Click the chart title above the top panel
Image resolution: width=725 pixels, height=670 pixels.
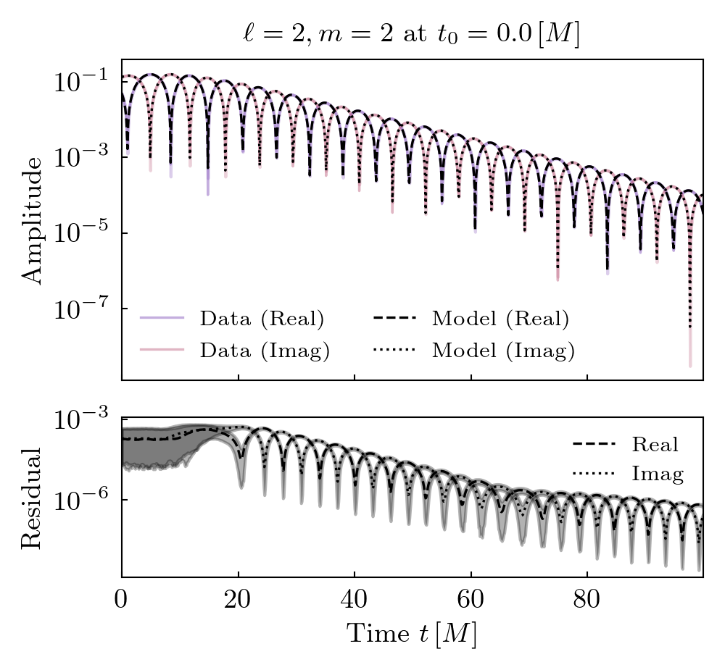(411, 34)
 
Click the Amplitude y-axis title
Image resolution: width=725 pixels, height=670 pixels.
(33, 219)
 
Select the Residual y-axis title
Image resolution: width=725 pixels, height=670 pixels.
(33, 498)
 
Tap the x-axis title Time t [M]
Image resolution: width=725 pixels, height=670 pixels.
(411, 634)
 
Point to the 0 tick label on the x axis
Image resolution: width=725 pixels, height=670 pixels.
(122, 600)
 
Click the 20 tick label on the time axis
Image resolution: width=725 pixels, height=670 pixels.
(238, 600)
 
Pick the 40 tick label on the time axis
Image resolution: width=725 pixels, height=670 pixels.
(355, 600)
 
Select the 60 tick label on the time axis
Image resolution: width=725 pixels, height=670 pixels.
(471, 600)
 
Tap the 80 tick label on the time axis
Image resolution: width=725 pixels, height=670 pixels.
(587, 600)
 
